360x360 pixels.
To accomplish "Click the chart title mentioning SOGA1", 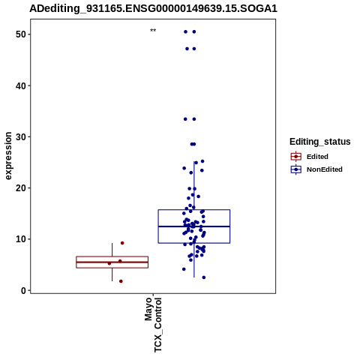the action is [153, 8].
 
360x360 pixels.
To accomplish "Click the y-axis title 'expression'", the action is [8, 156].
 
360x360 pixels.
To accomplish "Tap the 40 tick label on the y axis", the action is [21, 85].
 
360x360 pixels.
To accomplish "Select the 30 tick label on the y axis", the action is [21, 137].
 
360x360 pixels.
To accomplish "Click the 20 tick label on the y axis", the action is [21, 188].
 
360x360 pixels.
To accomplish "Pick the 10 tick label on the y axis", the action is [21, 239].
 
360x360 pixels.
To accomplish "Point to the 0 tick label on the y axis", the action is [24, 290].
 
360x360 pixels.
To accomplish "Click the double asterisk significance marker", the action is [153, 31].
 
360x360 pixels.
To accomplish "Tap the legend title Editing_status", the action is [320, 142].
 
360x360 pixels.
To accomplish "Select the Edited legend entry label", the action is [317, 157].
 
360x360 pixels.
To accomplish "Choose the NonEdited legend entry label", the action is [325, 169].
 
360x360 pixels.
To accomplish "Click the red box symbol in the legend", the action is [296, 157].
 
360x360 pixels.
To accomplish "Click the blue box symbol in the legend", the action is [296, 169].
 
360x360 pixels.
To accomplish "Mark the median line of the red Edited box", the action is [112, 262].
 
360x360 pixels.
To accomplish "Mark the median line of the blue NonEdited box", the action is [194, 226].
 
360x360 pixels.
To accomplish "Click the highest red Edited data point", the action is [122, 243].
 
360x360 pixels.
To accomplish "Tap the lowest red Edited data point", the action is [121, 281].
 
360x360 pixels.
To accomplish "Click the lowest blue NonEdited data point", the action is [204, 277].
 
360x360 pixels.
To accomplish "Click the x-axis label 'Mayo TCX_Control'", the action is [153, 325].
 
